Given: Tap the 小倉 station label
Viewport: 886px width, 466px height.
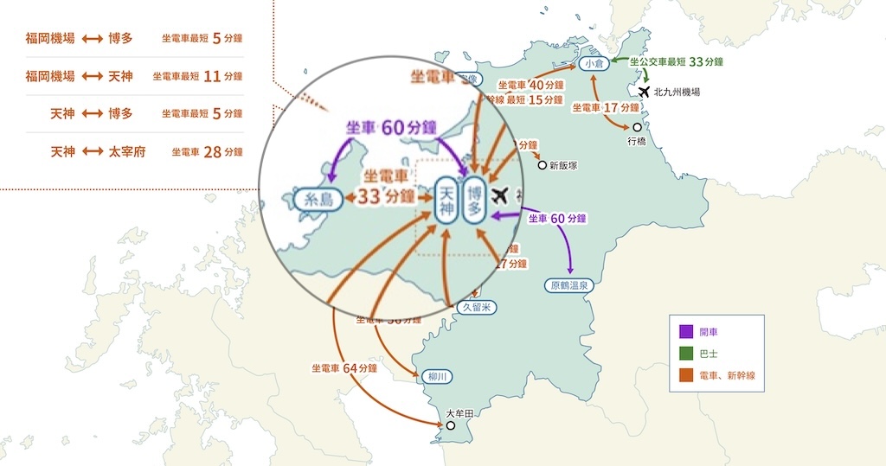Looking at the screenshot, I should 593,63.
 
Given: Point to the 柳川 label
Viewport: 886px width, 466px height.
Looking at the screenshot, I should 439,377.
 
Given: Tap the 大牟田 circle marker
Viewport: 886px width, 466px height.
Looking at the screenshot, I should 450,425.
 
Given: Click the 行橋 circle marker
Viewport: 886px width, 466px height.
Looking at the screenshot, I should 638,127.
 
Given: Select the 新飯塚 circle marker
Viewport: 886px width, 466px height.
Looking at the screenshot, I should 543,164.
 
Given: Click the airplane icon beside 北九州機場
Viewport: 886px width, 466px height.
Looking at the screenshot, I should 644,91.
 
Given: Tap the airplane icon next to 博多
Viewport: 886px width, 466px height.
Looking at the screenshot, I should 498,196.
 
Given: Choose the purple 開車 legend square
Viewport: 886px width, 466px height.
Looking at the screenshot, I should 686,330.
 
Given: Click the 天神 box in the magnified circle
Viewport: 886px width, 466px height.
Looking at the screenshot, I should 446,200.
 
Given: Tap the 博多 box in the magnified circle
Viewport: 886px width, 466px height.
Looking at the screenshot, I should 474,200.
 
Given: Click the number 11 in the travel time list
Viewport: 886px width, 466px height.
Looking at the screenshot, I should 212,76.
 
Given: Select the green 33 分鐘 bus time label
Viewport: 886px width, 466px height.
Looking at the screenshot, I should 706,61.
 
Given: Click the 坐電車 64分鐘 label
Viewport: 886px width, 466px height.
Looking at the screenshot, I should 344,368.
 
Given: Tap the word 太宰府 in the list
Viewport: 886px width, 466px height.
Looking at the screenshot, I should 128,151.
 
